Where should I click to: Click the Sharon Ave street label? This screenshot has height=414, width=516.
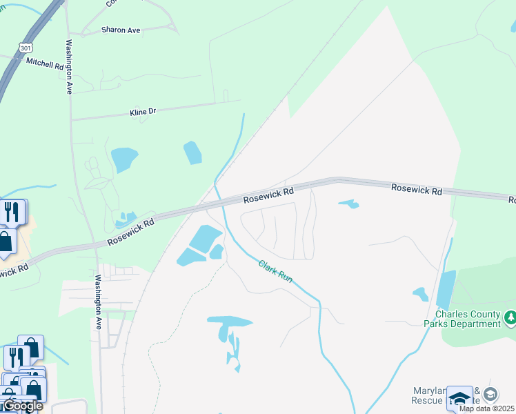coord(120,30)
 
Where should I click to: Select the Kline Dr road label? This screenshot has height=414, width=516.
coord(143,111)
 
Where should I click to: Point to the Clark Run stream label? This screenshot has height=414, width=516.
coord(276,270)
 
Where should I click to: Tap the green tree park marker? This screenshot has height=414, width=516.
coord(510,317)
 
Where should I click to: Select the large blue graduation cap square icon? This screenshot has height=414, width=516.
coord(459,399)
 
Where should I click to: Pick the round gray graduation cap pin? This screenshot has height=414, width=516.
coord(490,395)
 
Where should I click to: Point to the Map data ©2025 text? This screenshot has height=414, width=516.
coord(486,408)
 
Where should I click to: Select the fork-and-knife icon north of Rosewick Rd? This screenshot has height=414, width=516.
coord(11,212)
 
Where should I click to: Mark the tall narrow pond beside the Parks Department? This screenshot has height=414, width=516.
coord(446,290)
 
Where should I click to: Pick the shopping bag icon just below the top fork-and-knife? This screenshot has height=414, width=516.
coord(6,242)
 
